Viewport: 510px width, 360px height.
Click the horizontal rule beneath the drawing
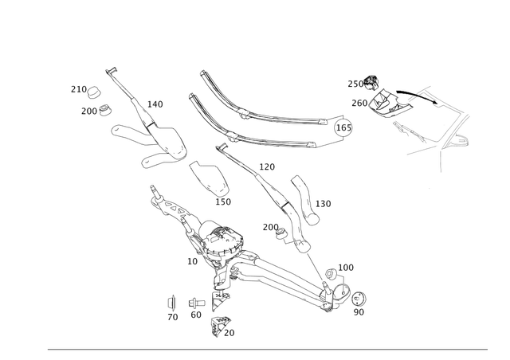pyautogui.click(x=278, y=349)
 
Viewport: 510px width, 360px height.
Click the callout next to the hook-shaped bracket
pyautogui.click(x=324, y=204)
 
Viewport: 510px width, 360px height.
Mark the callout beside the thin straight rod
pyautogui.click(x=155, y=104)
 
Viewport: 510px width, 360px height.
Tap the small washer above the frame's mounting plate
pyautogui.click(x=373, y=80)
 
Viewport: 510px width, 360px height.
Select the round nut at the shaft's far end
pyautogui.click(x=359, y=298)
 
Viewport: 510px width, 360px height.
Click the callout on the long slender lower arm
pyautogui.click(x=267, y=166)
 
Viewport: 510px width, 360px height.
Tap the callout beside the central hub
pyautogui.click(x=192, y=260)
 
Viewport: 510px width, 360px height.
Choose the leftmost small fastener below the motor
pyautogui.click(x=171, y=303)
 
